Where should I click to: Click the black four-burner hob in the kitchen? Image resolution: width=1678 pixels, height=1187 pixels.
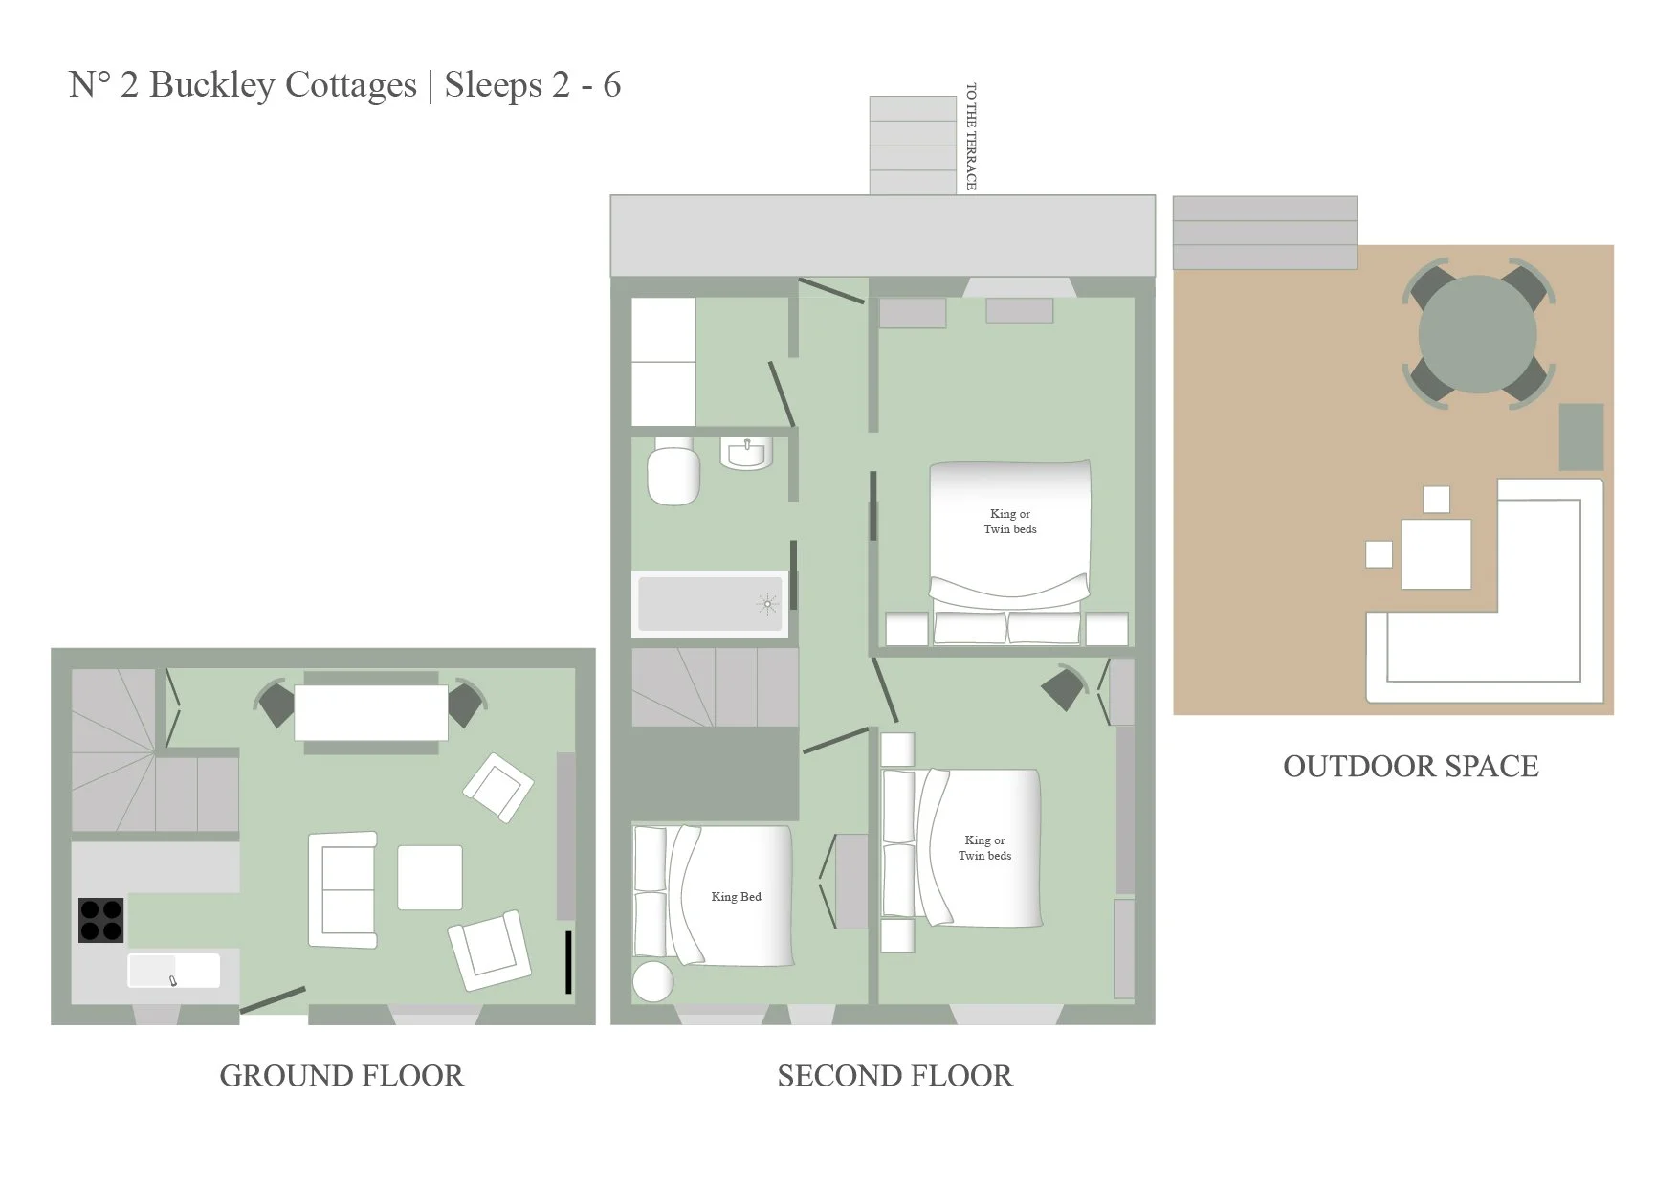100,920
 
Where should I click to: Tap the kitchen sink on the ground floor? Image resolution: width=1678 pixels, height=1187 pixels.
174,971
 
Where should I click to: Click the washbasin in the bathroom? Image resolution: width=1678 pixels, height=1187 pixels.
746,453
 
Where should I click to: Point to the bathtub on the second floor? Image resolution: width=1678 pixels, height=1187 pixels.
710,603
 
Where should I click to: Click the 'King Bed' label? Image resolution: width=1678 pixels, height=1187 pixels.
737,897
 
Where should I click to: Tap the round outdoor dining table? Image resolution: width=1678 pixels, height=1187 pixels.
1477,334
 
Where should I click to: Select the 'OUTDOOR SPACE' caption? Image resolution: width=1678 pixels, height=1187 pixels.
1411,766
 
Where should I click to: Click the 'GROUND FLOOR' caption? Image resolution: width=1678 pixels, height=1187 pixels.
342,1076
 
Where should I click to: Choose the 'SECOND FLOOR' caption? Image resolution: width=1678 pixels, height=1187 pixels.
894,1076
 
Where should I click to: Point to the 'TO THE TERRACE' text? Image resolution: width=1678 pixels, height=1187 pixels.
971,136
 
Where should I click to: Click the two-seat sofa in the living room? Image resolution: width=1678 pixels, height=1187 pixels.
342,889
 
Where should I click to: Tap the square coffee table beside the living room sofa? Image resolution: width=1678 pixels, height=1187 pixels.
431,877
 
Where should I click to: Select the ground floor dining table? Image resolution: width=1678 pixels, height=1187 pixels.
371,712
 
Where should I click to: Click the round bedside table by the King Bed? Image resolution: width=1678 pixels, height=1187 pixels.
653,981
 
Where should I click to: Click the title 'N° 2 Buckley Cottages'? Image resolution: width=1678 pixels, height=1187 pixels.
243,84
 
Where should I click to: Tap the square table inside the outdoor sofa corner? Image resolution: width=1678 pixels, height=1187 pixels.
1436,554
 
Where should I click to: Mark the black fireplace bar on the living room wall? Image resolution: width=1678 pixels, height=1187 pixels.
568,962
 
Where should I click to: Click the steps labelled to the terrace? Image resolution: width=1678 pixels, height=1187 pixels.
913,146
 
